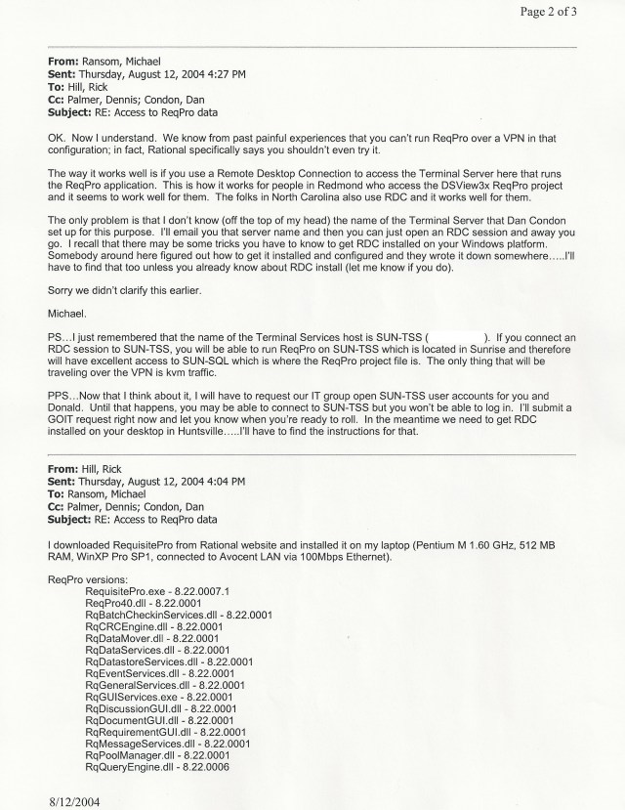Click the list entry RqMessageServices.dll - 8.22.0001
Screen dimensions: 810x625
(x=168, y=742)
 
